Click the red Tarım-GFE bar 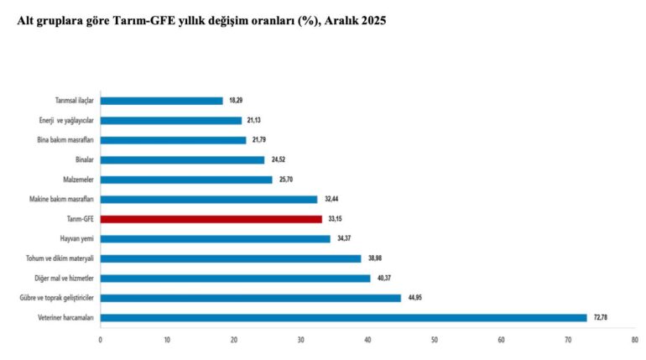click(x=211, y=219)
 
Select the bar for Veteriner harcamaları click(x=343, y=317)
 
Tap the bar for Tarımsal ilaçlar click(x=161, y=101)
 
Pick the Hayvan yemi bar click(x=215, y=238)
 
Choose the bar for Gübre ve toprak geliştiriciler click(x=250, y=297)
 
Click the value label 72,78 click(x=601, y=317)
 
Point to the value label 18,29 click(x=236, y=101)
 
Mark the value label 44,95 click(x=415, y=297)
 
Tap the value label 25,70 click(x=286, y=180)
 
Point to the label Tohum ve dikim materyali click(x=58, y=258)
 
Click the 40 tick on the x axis click(x=367, y=340)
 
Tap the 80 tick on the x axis click(x=634, y=340)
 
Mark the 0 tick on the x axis click(x=100, y=340)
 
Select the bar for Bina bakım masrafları click(x=173, y=140)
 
